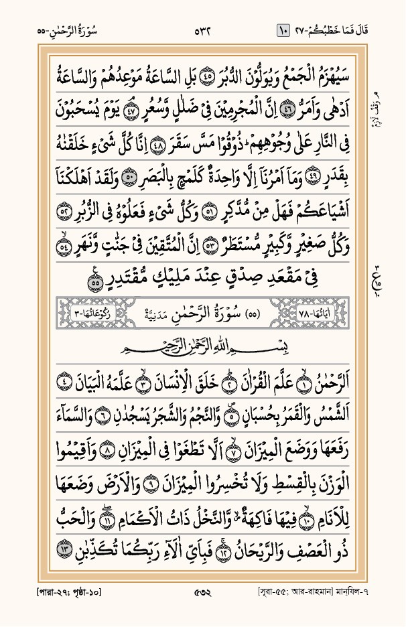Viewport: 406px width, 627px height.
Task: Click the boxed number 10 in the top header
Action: tap(281, 30)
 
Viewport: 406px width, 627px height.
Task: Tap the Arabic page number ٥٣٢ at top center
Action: tap(203, 30)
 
